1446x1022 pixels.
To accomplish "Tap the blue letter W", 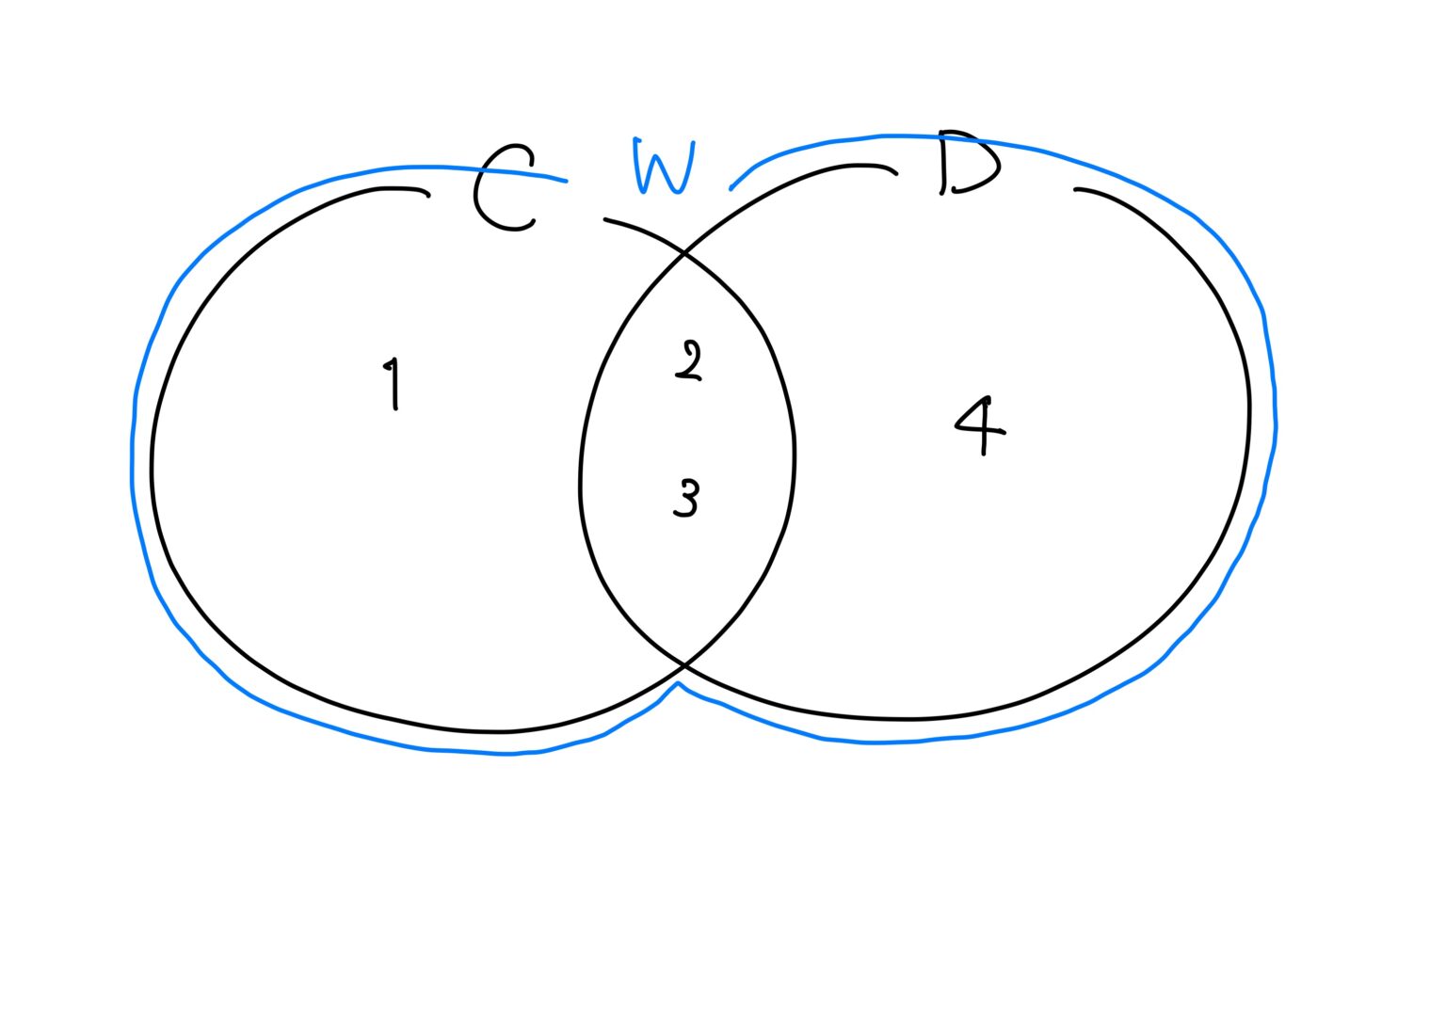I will point(664,168).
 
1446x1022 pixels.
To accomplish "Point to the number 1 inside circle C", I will point(394,383).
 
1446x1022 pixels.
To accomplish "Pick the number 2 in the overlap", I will point(689,361).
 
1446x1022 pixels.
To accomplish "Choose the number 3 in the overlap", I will point(687,498).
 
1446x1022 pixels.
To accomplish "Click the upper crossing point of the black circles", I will point(683,253).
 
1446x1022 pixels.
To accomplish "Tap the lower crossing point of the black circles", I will point(684,666).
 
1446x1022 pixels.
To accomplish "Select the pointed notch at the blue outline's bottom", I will point(678,683).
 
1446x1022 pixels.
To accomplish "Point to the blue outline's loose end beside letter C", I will point(566,181).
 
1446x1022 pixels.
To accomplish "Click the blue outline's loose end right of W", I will point(731,188).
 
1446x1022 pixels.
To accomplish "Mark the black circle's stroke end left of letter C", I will point(428,196).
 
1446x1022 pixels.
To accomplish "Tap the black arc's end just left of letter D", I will point(895,173).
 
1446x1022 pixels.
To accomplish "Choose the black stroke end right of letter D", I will point(1076,190).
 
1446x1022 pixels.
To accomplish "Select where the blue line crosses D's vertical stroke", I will point(941,138).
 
